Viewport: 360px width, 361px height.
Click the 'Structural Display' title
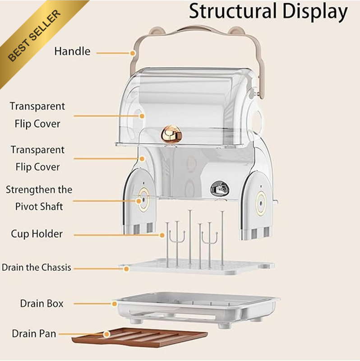pyautogui.click(x=268, y=12)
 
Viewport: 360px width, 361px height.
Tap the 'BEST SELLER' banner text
pyautogui.click(x=34, y=36)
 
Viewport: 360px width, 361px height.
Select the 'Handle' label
pyautogui.click(x=72, y=51)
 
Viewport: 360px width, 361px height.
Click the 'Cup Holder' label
pyautogui.click(x=37, y=234)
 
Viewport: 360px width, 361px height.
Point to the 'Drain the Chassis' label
pyautogui.click(x=37, y=268)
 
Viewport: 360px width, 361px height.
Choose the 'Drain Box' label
pyautogui.click(x=42, y=303)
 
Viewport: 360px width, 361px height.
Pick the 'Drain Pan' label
pyautogui.click(x=34, y=333)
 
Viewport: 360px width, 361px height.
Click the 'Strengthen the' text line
pyautogui.click(x=39, y=190)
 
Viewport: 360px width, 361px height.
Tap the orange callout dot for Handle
pyautogui.click(x=133, y=53)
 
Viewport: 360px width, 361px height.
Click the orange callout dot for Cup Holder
pyautogui.click(x=162, y=235)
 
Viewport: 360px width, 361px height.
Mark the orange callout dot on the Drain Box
pyautogui.click(x=115, y=304)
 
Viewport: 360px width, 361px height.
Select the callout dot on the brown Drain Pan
pyautogui.click(x=106, y=334)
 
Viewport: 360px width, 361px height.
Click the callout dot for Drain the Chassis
pyautogui.click(x=126, y=268)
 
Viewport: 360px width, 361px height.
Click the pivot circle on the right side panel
pyautogui.click(x=261, y=204)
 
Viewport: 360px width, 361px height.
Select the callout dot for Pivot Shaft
pyautogui.click(x=138, y=201)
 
